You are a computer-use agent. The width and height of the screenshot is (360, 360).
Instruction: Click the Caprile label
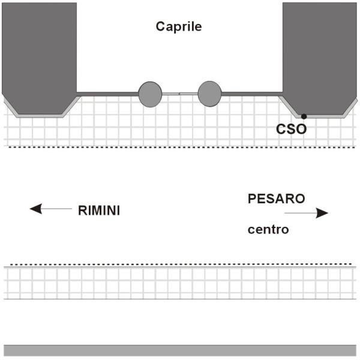point(179,26)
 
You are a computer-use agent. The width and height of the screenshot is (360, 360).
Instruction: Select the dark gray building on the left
point(40,54)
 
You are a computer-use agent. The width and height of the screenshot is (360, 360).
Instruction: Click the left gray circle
point(150,93)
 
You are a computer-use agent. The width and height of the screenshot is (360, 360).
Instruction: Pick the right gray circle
point(209,93)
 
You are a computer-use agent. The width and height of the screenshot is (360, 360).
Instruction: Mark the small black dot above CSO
point(304,116)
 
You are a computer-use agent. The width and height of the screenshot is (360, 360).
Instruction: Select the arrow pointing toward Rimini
point(50,209)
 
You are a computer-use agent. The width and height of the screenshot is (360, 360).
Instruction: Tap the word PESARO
point(277,199)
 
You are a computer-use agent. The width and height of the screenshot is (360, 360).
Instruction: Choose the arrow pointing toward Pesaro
point(306,213)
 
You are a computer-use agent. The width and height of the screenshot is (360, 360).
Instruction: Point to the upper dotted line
point(180,147)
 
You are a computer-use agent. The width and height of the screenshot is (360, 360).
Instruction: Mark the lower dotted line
point(180,264)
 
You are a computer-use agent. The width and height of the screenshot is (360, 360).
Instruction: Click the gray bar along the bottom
point(180,350)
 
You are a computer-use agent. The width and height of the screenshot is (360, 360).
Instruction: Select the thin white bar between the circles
point(179,93)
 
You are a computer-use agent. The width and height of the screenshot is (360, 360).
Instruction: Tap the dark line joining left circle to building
point(108,93)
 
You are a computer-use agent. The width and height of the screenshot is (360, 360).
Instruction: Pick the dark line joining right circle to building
point(252,93)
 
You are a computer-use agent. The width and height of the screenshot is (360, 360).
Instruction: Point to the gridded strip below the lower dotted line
point(180,282)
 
